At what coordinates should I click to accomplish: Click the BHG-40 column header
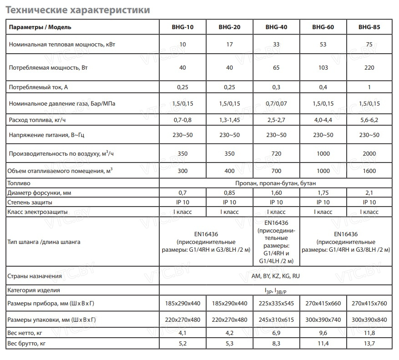click(276, 27)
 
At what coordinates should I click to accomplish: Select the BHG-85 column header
click(369, 27)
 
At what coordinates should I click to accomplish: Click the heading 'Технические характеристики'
click(77, 9)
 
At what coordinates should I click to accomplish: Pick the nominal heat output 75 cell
click(369, 45)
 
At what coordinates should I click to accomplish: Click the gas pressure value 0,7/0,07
click(276, 104)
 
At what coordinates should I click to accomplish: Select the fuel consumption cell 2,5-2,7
click(276, 120)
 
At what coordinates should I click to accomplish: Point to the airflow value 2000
click(369, 154)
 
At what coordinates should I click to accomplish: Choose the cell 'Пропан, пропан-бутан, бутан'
click(276, 183)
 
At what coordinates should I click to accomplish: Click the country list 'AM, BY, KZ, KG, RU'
click(276, 276)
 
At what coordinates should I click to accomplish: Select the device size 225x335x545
click(276, 304)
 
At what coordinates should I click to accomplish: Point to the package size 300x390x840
click(369, 319)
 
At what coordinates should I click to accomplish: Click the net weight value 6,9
click(276, 333)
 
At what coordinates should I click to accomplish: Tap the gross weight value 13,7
click(369, 343)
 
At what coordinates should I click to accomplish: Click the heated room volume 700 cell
click(276, 171)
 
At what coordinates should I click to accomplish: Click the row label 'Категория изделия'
click(34, 290)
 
